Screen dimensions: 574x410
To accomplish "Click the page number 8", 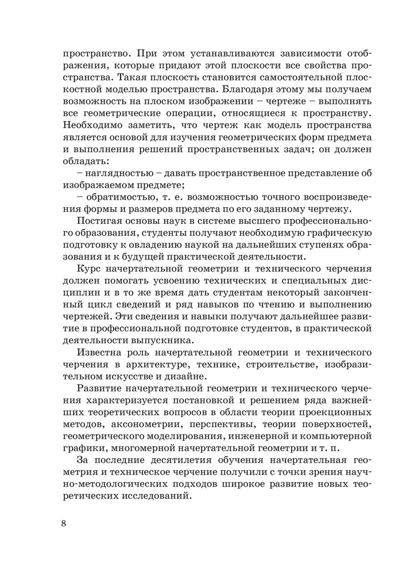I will (x=64, y=523).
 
